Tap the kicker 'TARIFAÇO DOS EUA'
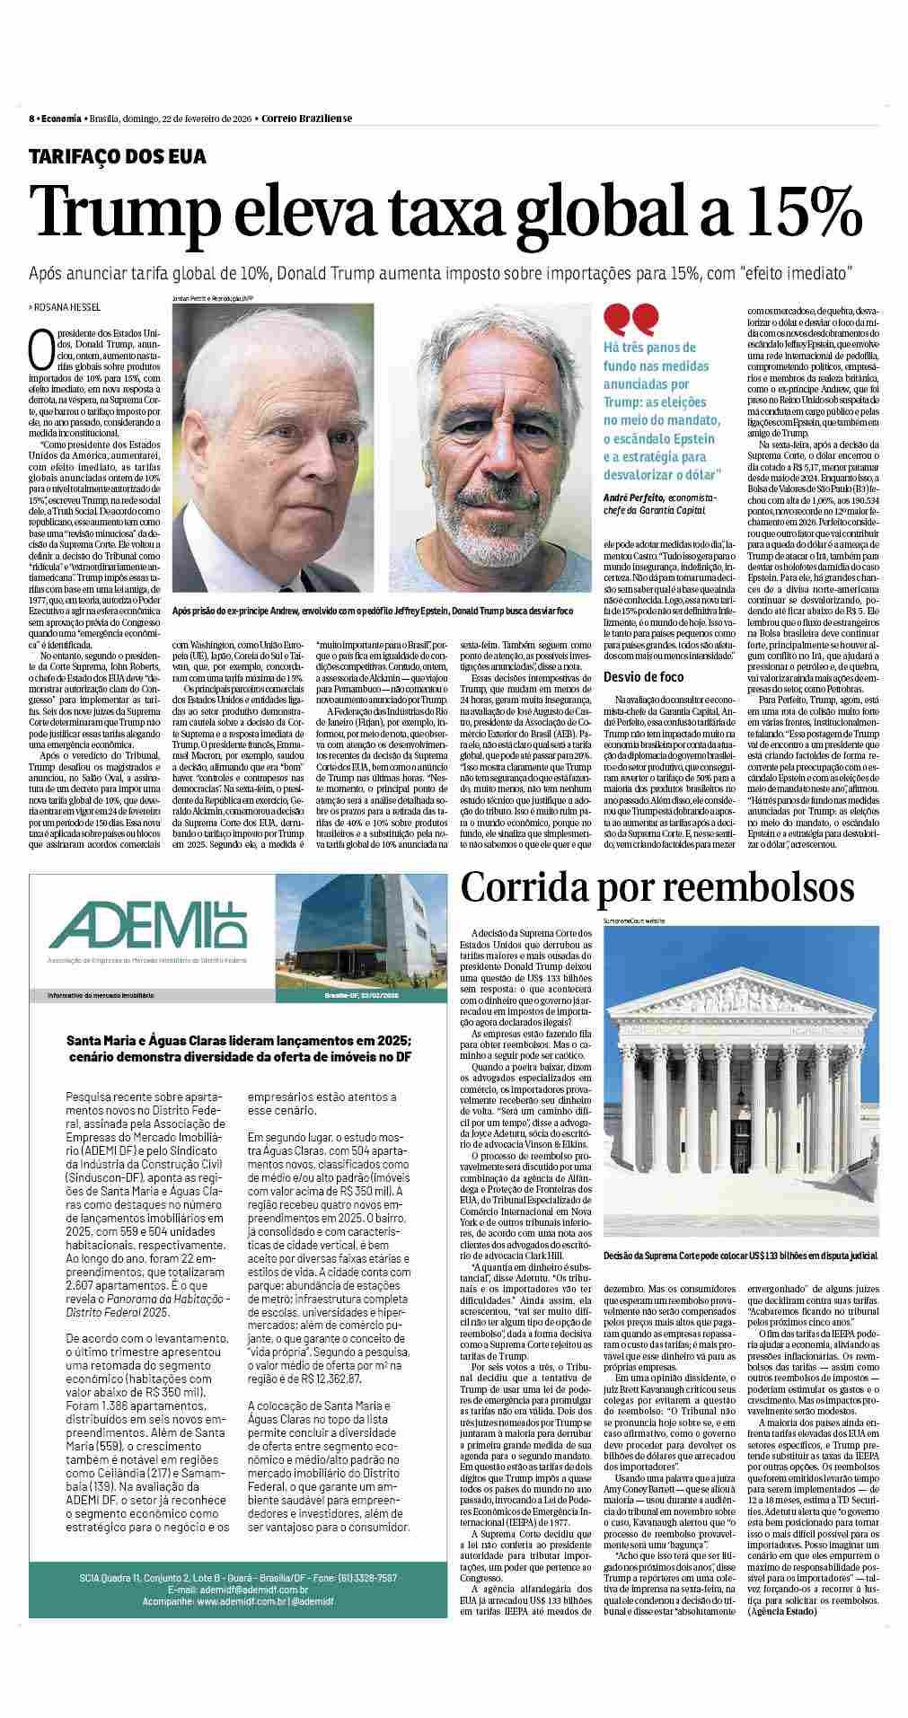coord(118,157)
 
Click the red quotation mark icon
coord(630,319)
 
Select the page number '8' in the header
coord(31,119)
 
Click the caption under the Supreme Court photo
coord(740,1254)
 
